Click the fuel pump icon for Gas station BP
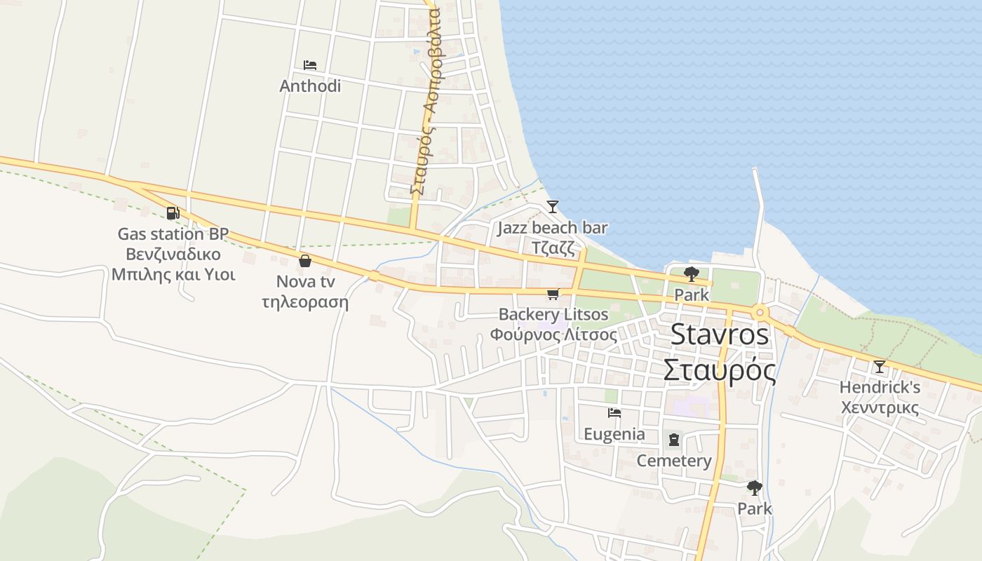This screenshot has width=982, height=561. coord(173,212)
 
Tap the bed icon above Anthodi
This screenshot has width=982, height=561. coord(310,65)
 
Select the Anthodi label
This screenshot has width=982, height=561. coord(310,86)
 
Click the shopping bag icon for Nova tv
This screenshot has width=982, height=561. coord(305,261)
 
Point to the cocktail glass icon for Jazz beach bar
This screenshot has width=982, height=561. coord(553,206)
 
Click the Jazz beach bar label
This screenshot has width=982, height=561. coord(553,228)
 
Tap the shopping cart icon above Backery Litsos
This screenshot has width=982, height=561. coord(553,294)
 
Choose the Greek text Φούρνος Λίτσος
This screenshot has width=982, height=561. coord(553,334)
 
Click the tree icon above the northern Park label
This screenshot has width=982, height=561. coord(692,274)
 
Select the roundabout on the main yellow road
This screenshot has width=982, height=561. coord(760,312)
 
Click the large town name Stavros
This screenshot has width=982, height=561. coord(720,334)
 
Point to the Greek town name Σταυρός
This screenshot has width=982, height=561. coord(720,370)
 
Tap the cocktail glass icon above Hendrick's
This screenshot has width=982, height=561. coord(879,366)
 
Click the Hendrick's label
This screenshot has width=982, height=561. coord(880,387)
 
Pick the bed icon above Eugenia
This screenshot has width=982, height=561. coord(614,413)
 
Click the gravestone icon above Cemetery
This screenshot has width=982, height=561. coord(674,440)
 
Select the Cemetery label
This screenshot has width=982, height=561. coord(674,461)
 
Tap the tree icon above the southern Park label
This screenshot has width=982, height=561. coord(755,487)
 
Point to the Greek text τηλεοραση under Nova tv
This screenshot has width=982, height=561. coord(305,303)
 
